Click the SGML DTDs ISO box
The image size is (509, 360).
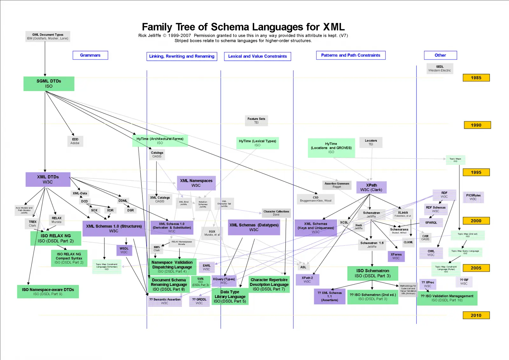[x=49, y=84]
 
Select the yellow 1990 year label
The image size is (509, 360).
[x=477, y=125]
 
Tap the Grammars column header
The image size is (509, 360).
[x=90, y=55]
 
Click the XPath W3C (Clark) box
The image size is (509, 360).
[x=371, y=187]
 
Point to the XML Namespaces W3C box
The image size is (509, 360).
[x=196, y=183]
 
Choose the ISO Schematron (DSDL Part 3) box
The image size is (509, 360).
[x=373, y=273]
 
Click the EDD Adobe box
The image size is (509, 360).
[x=75, y=141]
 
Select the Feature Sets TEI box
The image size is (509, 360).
[x=256, y=121]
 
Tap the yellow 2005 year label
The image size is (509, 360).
[x=476, y=268]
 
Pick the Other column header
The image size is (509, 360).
[x=440, y=55]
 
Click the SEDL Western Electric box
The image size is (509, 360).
[x=440, y=68]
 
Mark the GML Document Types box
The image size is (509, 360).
[x=48, y=37]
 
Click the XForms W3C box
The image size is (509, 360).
[x=396, y=256]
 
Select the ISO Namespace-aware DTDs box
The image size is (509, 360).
[x=48, y=292]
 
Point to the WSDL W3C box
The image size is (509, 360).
[x=124, y=250]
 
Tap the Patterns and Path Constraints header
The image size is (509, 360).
[x=351, y=55]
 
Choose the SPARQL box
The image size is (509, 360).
[x=431, y=223]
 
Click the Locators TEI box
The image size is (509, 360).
[x=371, y=142]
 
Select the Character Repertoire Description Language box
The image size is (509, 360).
[x=269, y=284]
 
